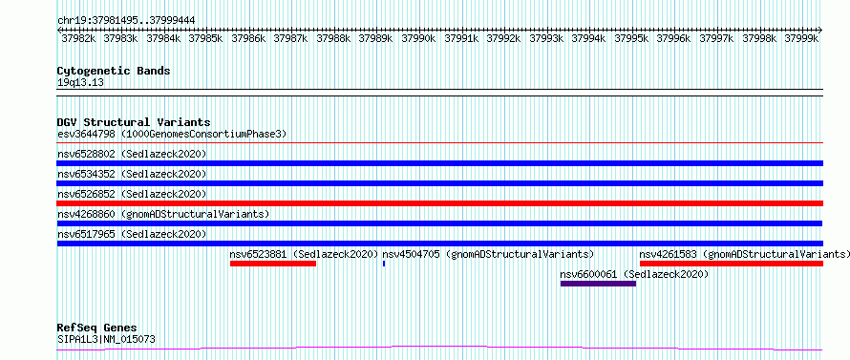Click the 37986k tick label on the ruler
pos(248,38)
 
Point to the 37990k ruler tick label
pos(418,38)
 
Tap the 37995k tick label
pos(631,38)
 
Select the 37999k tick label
pos(801,38)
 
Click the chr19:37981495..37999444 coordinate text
pos(126,21)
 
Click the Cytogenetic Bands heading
pos(114,71)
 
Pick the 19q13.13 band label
pos(80,83)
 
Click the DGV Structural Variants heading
pos(134,122)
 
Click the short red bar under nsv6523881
pos(273,264)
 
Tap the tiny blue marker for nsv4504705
pos(384,264)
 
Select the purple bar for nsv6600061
pos(598,284)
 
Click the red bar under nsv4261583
pos(732,264)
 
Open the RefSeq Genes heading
pos(97,328)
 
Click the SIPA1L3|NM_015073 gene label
pos(106,339)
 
